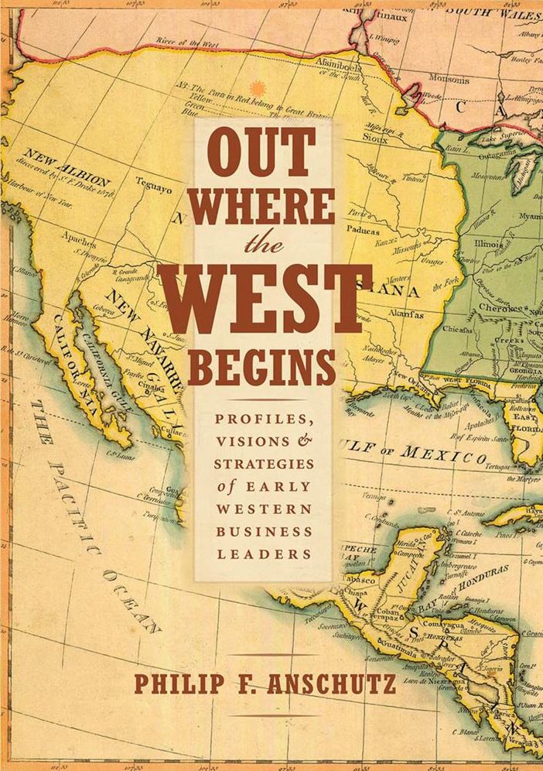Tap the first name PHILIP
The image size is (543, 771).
point(172,685)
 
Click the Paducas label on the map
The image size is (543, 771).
point(366,230)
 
